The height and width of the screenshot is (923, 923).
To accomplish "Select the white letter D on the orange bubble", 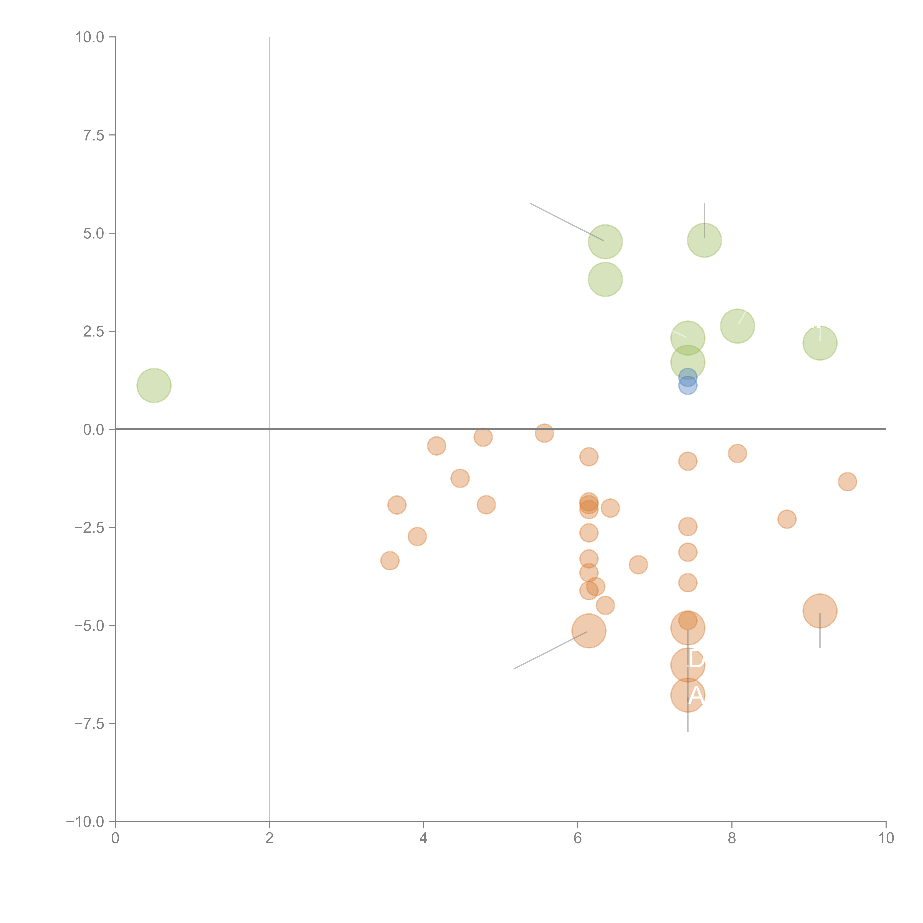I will [696, 659].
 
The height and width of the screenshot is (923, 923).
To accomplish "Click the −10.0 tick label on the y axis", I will [85, 822].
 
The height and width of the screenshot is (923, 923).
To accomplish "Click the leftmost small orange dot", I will [390, 560].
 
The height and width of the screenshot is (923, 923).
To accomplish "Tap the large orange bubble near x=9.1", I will [820, 610].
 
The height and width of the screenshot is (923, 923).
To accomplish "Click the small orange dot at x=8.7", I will [787, 519].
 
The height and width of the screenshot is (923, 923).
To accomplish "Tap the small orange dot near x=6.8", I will [638, 565].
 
